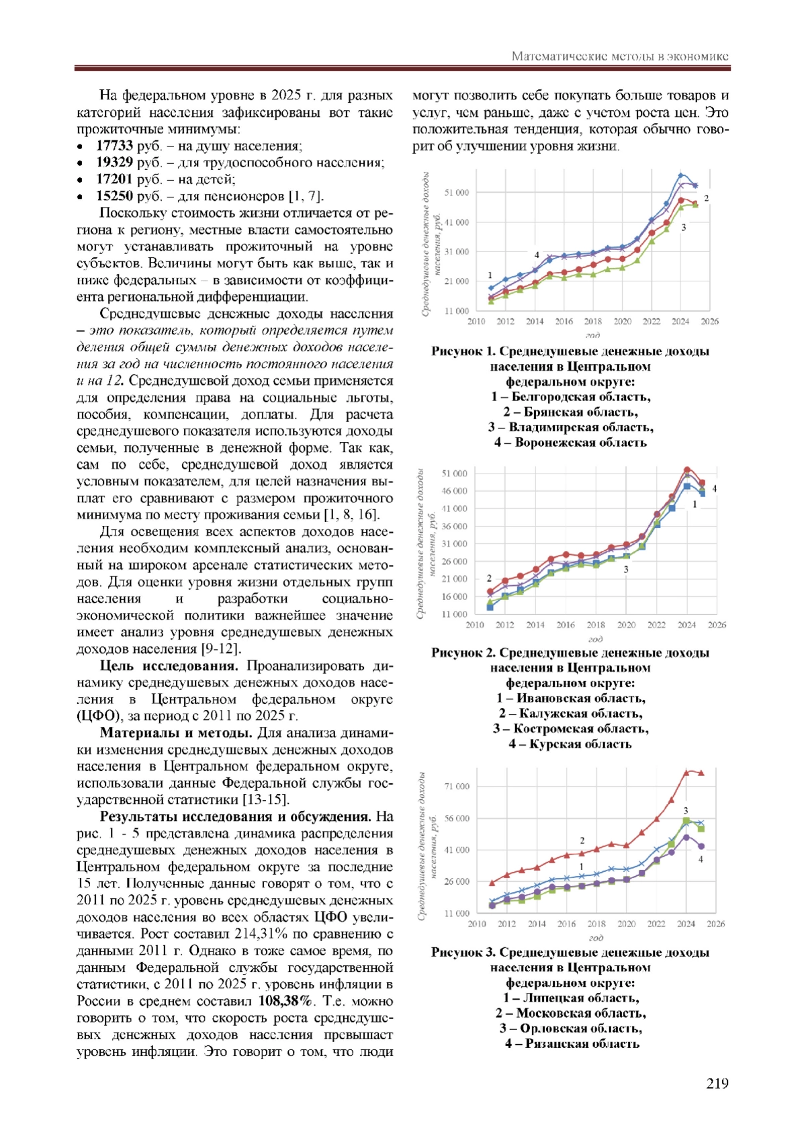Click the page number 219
point(717,1083)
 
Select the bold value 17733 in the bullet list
point(114,146)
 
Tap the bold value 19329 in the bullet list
point(114,163)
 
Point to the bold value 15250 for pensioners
point(114,196)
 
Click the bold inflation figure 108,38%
point(285,1001)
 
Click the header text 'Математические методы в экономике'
point(620,56)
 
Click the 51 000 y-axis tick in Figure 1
point(457,193)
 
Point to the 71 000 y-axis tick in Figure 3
point(457,786)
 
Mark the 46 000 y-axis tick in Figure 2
point(455,491)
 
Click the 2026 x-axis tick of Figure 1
point(709,321)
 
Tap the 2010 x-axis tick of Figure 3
point(476,924)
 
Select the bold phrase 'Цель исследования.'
point(169,666)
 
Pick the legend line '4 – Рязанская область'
point(572,1043)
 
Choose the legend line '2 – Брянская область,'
point(571,412)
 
